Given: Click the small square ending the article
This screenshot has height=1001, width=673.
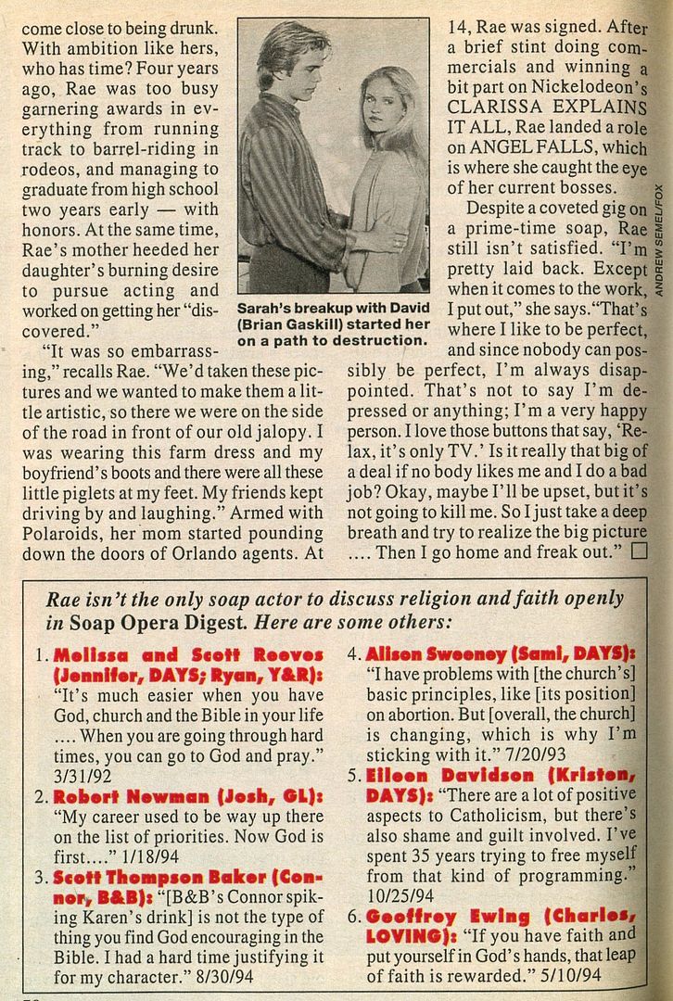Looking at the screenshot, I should [637, 553].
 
